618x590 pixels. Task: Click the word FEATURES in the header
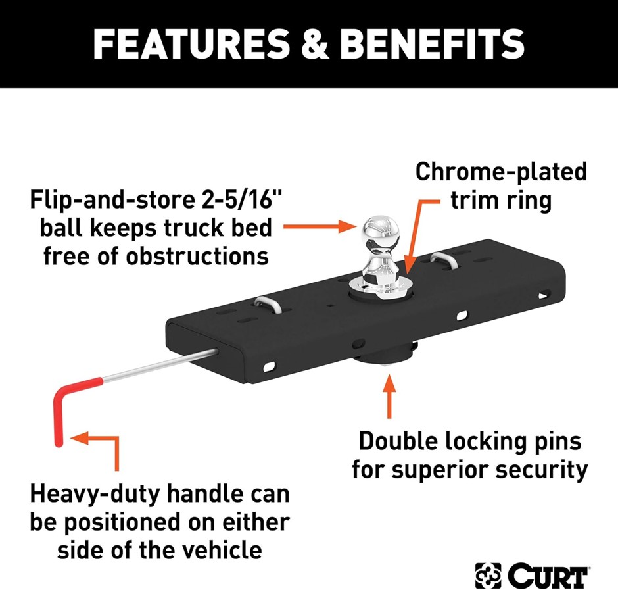coord(191,44)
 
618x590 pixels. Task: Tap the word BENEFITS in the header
coord(432,44)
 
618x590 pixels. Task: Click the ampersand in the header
coord(315,44)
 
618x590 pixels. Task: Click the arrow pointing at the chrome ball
coord(320,226)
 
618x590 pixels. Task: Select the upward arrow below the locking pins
coord(389,396)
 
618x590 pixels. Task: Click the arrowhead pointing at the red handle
coord(80,438)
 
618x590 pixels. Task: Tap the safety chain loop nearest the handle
coord(268,305)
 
